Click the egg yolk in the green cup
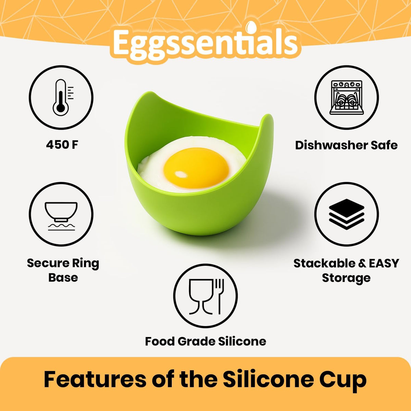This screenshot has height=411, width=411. (x=196, y=168)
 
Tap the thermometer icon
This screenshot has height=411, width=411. (x=61, y=97)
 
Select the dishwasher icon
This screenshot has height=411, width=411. (x=346, y=97)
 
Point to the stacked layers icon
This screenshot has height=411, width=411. (x=346, y=214)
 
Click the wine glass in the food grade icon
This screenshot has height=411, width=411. (x=199, y=296)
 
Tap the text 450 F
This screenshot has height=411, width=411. (x=62, y=145)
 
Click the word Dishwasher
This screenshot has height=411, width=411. (x=327, y=145)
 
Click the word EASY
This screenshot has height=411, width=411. (x=384, y=263)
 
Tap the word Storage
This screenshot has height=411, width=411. (x=346, y=278)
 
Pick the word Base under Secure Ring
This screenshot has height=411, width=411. (x=63, y=277)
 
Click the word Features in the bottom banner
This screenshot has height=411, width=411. (x=94, y=379)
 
